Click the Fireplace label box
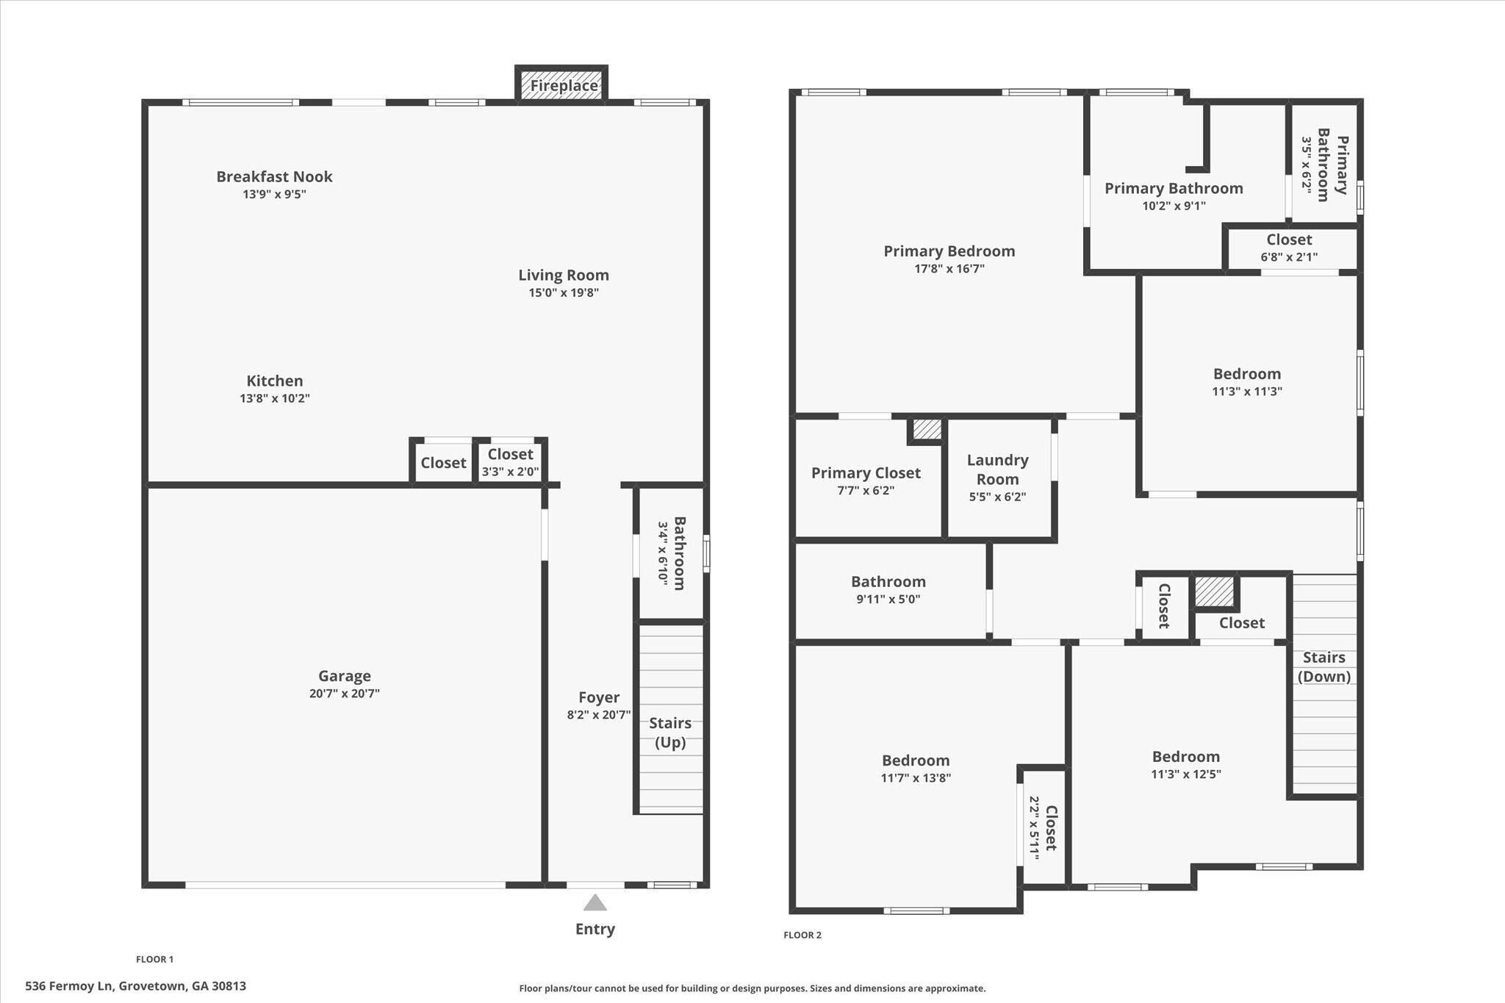(564, 85)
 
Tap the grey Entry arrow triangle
(595, 903)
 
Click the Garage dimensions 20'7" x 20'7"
(344, 694)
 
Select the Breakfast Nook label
(274, 176)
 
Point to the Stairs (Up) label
(669, 733)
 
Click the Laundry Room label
(997, 470)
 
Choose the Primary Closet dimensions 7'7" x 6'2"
(866, 491)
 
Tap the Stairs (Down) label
(1323, 666)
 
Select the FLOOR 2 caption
(802, 935)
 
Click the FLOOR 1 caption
(154, 959)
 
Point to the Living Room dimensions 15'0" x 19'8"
(564, 292)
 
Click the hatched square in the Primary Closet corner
(927, 429)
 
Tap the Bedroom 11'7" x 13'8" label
(916, 761)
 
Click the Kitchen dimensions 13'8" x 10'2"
(275, 398)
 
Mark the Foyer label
(598, 697)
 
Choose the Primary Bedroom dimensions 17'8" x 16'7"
(949, 269)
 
